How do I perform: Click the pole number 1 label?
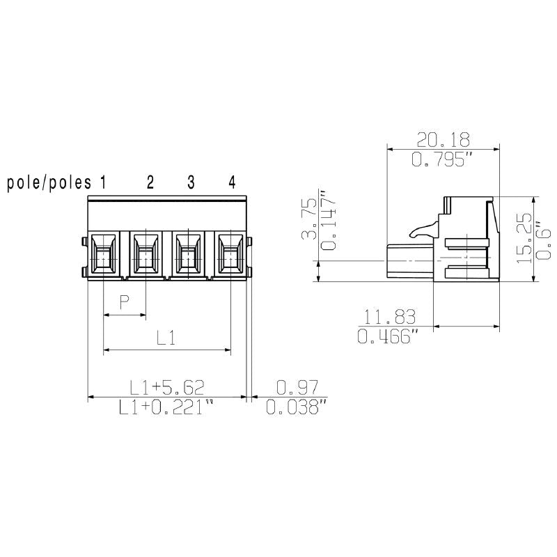[102, 183]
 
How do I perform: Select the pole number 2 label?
[150, 183]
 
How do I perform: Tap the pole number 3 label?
[191, 183]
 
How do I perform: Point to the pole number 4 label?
[232, 183]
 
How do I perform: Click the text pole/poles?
[49, 183]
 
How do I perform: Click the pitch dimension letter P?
[125, 302]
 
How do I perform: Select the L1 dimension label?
[165, 338]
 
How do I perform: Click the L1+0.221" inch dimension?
[165, 408]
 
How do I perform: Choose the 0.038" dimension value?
[297, 408]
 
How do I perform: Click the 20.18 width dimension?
[443, 138]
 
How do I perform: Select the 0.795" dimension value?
[443, 160]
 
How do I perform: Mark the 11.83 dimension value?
[388, 317]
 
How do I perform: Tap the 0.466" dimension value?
[388, 338]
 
